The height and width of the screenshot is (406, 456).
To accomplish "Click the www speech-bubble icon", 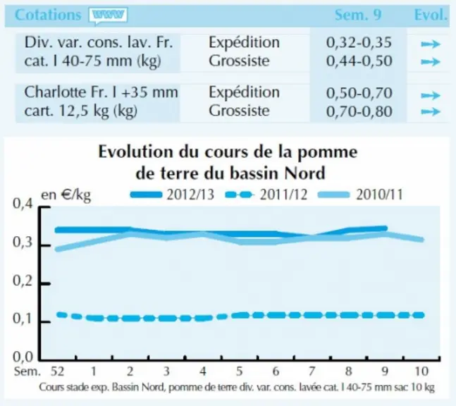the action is [109, 16].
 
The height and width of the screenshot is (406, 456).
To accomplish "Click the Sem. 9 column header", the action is [358, 15].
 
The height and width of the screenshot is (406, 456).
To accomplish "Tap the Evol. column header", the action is [431, 15].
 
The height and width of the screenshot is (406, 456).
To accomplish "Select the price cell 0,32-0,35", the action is [359, 43].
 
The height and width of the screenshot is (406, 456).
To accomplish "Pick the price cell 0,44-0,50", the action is [359, 61].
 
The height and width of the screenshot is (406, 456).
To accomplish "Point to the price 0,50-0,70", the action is [359, 93].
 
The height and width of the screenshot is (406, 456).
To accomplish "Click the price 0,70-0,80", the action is [359, 111].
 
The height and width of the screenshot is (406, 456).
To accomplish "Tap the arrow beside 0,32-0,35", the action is [431, 44].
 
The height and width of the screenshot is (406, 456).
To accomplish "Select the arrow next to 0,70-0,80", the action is [431, 111].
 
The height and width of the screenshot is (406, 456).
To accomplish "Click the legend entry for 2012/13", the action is [172, 195].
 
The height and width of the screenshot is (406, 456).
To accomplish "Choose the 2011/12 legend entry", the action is [266, 195].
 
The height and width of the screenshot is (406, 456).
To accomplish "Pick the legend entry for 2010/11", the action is [360, 195].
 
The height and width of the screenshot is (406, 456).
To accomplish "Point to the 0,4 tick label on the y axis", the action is [23, 204].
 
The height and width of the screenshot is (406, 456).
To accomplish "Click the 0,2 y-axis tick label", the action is [23, 281].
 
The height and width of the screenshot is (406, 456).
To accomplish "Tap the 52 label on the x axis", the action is [57, 371].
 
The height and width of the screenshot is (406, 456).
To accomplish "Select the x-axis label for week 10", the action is [421, 371].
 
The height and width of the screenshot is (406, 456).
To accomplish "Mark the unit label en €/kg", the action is [66, 195].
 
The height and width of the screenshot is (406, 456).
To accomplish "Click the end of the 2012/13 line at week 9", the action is [386, 228].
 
